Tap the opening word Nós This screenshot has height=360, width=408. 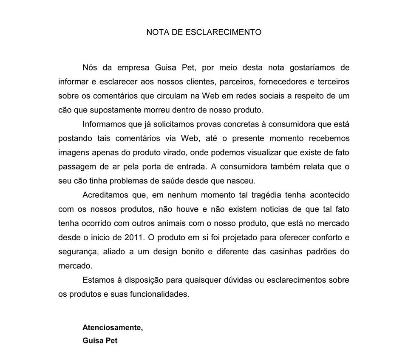pos(91,67)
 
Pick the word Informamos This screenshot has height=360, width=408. pos(104,124)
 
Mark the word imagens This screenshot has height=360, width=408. pos(73,152)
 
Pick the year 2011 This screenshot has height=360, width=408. pos(132,237)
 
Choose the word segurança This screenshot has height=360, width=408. pos(78,252)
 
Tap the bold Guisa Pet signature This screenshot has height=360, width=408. pos(100,340)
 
